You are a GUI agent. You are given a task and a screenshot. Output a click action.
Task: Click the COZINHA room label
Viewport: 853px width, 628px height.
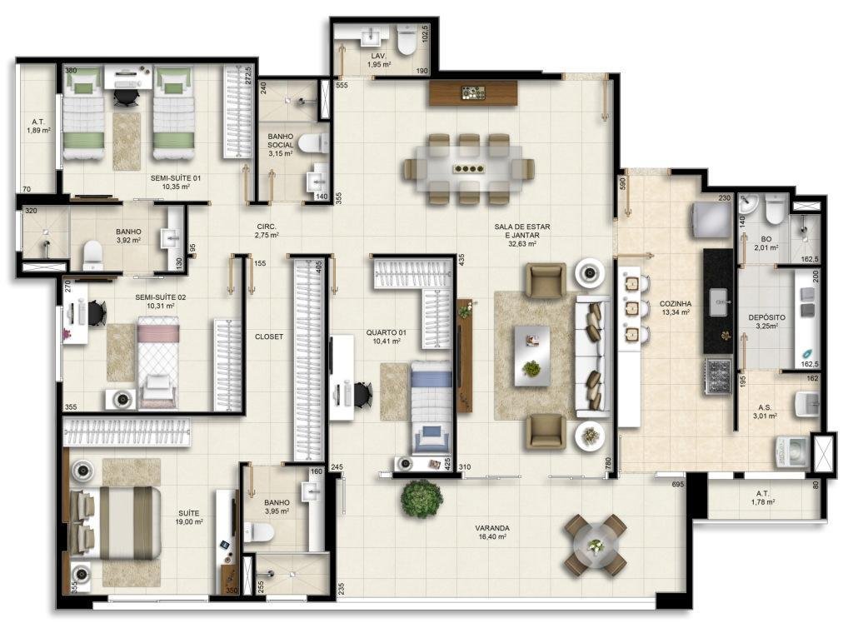(x=675, y=303)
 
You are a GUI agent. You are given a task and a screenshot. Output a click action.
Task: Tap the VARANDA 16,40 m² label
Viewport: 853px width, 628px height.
(x=491, y=531)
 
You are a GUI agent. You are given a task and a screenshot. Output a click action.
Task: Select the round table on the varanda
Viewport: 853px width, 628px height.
(x=595, y=545)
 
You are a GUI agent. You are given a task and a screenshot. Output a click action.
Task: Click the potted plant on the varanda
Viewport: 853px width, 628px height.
(x=422, y=498)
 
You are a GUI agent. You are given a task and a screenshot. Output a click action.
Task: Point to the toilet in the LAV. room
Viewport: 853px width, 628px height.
(x=407, y=40)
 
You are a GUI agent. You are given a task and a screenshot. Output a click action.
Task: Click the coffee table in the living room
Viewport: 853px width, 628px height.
(x=532, y=356)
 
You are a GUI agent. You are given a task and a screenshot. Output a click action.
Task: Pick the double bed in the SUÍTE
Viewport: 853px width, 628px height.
(x=115, y=523)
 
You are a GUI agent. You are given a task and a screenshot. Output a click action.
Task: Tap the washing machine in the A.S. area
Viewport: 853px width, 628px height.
(x=793, y=451)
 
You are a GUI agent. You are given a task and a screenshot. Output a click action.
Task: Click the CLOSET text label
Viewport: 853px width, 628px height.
(x=269, y=336)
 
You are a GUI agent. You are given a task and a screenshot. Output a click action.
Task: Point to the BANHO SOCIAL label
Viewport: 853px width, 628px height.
(x=280, y=141)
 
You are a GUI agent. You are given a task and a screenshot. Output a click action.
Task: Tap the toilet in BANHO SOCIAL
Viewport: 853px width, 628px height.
(x=312, y=143)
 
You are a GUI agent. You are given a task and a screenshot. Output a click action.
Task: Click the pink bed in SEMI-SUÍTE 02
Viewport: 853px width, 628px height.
(x=157, y=362)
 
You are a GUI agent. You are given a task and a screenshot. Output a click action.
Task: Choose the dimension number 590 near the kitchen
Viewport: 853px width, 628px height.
(x=623, y=184)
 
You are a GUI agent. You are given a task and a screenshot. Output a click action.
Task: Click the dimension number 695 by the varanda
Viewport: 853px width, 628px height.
(x=677, y=484)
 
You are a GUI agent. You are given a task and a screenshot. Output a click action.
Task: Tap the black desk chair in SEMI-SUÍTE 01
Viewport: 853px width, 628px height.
(x=127, y=96)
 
